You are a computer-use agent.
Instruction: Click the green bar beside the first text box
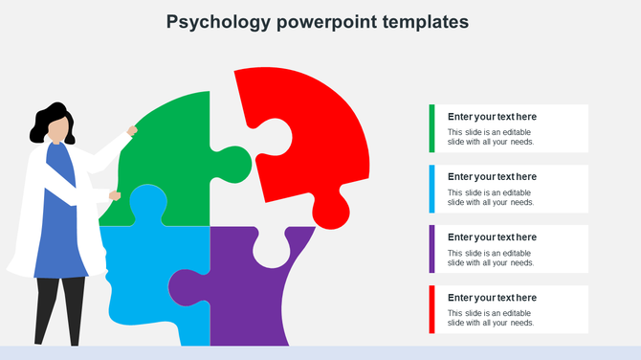[x=431, y=128]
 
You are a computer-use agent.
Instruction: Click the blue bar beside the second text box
[x=431, y=189]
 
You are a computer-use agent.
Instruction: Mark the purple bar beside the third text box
[x=431, y=249]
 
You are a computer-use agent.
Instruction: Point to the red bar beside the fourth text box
[x=431, y=309]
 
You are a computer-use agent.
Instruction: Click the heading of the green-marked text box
[x=492, y=117]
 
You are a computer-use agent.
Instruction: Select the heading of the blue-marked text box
[x=492, y=177]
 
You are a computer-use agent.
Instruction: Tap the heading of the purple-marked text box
[x=492, y=237]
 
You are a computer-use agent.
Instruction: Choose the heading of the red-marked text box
[x=492, y=298]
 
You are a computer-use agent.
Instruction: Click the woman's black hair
[x=43, y=120]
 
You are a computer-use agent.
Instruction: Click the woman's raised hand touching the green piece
[x=132, y=130]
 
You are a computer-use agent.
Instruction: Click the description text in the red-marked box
[x=491, y=318]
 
